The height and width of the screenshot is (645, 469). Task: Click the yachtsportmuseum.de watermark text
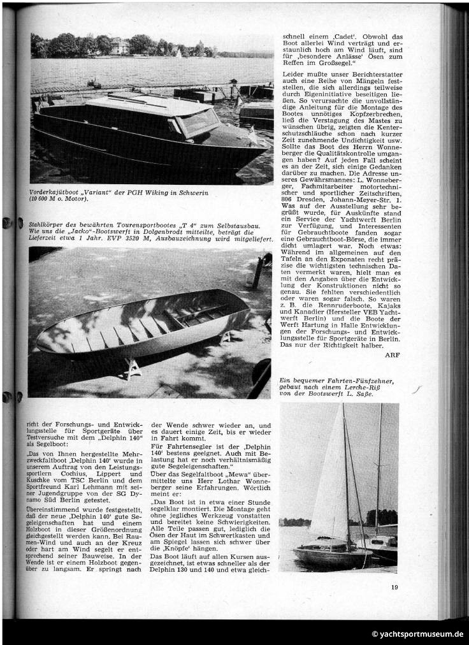pos(417,634)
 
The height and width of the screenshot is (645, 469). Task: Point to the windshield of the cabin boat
pos(198,120)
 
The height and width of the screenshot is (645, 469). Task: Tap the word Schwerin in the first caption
pos(191,192)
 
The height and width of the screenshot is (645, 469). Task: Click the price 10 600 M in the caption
pos(51,199)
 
